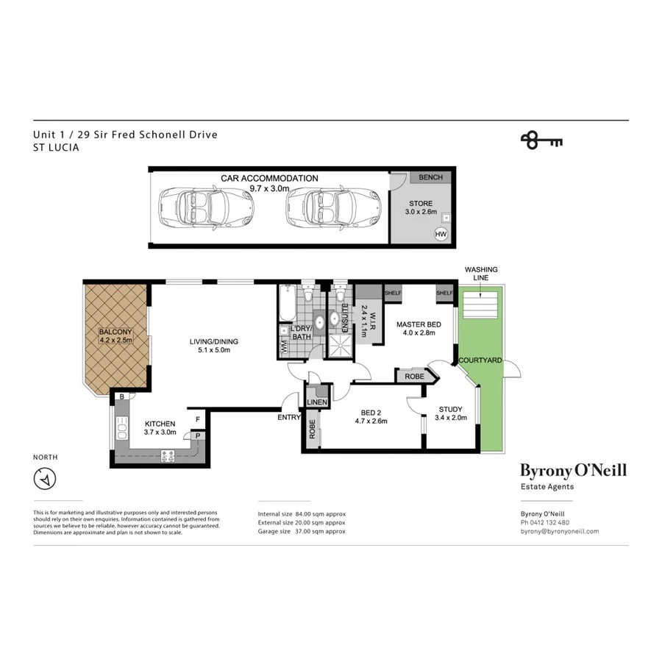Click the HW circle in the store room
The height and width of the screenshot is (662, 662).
441,234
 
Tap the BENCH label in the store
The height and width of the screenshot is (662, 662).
430,177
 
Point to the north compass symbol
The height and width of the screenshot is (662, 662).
46,480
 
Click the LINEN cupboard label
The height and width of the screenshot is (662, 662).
317,401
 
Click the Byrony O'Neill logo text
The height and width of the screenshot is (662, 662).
573,470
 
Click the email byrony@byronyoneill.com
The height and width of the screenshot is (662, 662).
559,531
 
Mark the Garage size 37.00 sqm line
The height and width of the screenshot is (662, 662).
301,531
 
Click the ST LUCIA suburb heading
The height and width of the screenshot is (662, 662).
56,147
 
